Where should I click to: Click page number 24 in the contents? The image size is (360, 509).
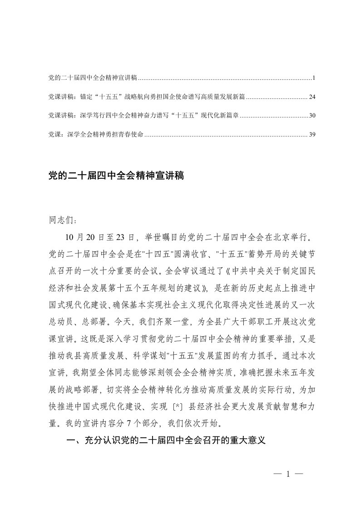click(311, 97)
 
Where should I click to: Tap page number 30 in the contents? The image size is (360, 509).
click(311, 116)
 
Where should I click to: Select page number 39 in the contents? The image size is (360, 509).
click(311, 134)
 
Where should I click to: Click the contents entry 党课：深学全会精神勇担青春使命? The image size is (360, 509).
click(96, 134)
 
